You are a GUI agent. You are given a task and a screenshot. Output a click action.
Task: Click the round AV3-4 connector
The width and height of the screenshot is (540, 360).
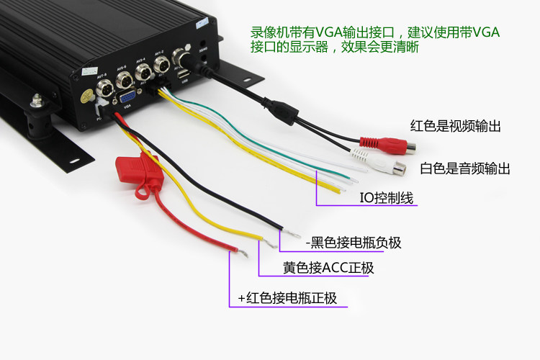click(x=144, y=71)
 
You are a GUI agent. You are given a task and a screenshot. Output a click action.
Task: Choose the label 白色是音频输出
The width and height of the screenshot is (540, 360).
click(x=465, y=168)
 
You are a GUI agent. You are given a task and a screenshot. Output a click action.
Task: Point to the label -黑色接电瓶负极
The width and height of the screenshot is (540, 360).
click(x=353, y=243)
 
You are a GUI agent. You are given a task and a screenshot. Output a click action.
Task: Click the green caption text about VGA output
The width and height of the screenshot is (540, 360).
click(x=374, y=40)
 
